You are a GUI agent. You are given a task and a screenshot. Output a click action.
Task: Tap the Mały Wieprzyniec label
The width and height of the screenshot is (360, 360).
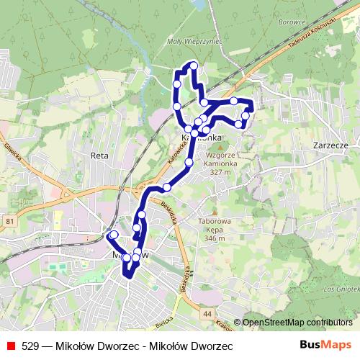(x=194, y=42)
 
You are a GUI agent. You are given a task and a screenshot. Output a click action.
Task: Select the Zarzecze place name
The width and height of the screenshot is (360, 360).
(x=331, y=145)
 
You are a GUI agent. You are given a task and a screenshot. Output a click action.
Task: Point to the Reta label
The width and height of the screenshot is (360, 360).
(x=99, y=156)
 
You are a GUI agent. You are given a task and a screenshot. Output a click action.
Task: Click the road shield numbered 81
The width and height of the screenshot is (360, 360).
(x=9, y=220)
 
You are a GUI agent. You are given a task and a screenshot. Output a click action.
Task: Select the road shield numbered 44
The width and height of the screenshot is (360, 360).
(x=207, y=314)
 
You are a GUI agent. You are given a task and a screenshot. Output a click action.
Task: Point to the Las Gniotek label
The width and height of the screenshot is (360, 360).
(x=341, y=289)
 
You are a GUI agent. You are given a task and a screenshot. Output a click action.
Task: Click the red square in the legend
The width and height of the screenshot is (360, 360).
(x=9, y=346)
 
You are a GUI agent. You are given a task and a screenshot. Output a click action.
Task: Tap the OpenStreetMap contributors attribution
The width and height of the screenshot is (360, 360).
(x=297, y=323)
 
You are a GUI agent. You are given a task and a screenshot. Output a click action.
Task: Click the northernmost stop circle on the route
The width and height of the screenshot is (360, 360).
(x=193, y=67)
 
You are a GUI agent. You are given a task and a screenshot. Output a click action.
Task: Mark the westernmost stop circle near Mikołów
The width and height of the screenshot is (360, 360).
(x=113, y=235)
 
